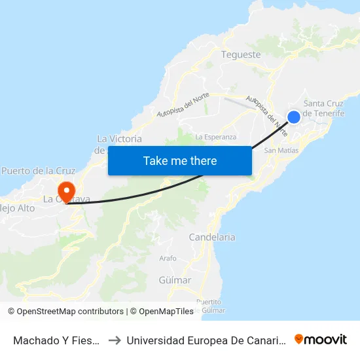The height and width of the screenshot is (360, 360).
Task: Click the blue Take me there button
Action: click(x=179, y=160)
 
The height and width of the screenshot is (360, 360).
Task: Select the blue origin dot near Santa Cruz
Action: click(x=294, y=117)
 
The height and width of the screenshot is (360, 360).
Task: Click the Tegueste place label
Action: click(x=241, y=55)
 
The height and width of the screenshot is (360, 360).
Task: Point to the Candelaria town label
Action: click(x=211, y=237)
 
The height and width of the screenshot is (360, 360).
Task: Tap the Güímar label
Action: click(x=175, y=280)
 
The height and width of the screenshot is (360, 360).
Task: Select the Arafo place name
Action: click(x=168, y=259)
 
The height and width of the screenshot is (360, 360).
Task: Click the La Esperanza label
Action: click(x=215, y=137)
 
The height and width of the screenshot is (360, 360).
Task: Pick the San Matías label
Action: click(x=281, y=151)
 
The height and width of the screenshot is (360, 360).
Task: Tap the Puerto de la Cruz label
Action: click(x=39, y=171)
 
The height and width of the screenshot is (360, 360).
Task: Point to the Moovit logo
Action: click(x=321, y=339)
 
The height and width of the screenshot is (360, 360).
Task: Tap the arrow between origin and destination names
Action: click(x=114, y=340)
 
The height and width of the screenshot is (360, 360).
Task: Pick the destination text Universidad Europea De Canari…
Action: click(x=204, y=340)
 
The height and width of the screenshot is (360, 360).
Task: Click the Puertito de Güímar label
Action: click(x=210, y=306)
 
